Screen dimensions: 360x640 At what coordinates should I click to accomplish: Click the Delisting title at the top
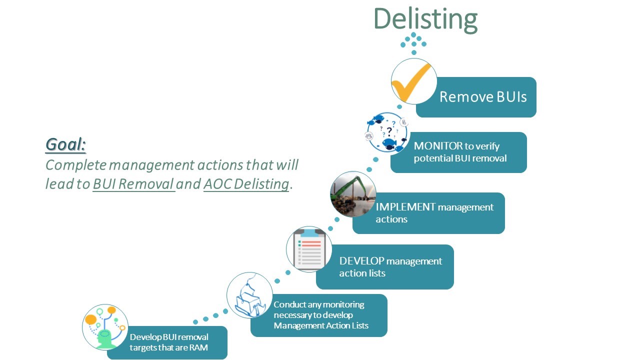(x=425, y=18)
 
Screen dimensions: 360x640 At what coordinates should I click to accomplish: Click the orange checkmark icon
(x=413, y=81)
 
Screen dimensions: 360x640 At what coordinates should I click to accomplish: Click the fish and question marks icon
(x=387, y=133)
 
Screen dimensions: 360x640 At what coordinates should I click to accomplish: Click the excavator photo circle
(x=353, y=194)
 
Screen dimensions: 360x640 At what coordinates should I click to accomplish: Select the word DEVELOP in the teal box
(x=361, y=261)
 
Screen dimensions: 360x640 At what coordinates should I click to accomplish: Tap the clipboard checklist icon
(x=309, y=249)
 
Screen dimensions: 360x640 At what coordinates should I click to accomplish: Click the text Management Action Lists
(x=321, y=325)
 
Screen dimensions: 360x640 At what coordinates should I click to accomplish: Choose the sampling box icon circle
(x=249, y=295)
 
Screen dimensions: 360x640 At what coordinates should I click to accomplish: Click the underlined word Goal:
(x=65, y=144)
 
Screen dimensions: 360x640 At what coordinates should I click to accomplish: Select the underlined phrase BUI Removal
(x=133, y=184)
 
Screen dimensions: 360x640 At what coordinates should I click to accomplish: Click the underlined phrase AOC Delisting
(x=246, y=184)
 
